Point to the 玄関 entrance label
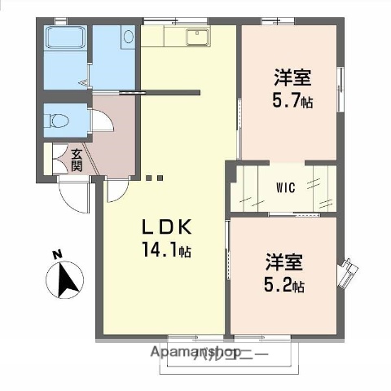[x=77, y=159]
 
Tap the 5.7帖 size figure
[x=293, y=101]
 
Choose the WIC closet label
[x=285, y=187]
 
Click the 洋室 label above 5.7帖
[x=292, y=79]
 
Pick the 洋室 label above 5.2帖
[x=283, y=262]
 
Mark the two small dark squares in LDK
[x=155, y=177]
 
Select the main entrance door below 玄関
[x=73, y=191]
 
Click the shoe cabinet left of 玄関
[x=56, y=159]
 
